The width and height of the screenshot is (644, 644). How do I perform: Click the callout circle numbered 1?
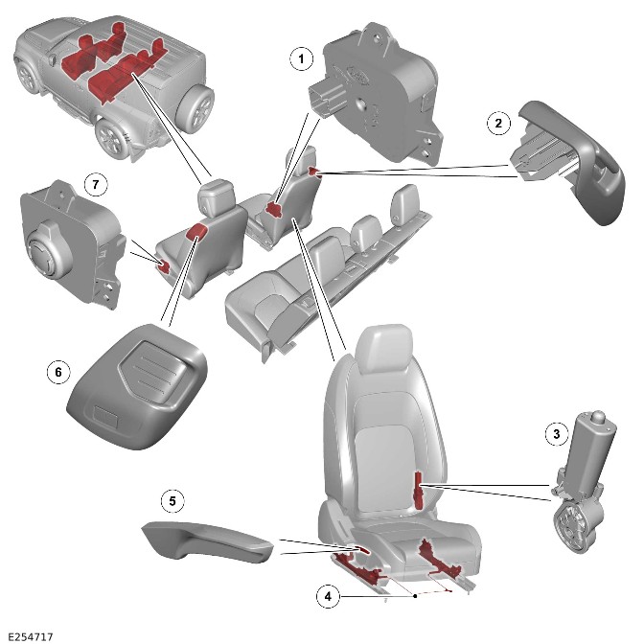[x=302, y=59]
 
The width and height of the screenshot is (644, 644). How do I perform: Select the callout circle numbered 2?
[x=497, y=123]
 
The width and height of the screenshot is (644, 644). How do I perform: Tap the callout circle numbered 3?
[x=555, y=434]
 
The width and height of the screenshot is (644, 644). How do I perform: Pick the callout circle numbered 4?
[x=328, y=596]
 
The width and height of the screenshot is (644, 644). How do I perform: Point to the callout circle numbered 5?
[x=172, y=500]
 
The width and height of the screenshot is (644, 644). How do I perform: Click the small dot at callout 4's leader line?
[x=414, y=596]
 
